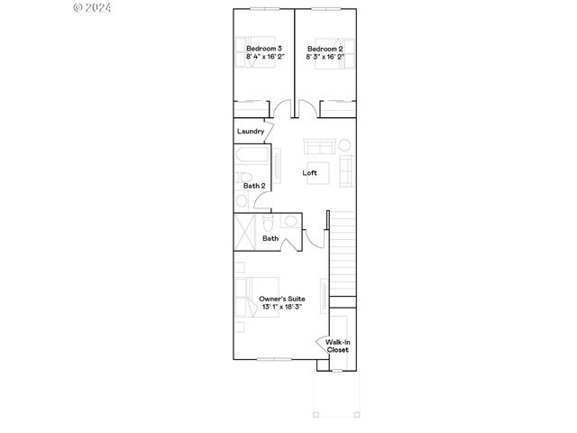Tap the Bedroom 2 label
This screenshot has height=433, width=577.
[325, 48]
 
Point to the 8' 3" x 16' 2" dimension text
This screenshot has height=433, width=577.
[325, 57]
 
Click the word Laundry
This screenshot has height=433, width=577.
[250, 132]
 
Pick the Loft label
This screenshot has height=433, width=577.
[309, 172]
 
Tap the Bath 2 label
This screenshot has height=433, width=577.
[253, 186]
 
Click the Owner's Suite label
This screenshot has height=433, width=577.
[281, 299]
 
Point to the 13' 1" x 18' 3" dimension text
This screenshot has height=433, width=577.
[281, 308]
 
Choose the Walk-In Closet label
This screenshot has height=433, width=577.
[337, 345]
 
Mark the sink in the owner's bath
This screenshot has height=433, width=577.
[290, 223]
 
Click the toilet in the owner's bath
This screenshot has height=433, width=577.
[269, 224]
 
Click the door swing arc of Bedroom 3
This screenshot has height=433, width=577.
[283, 111]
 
